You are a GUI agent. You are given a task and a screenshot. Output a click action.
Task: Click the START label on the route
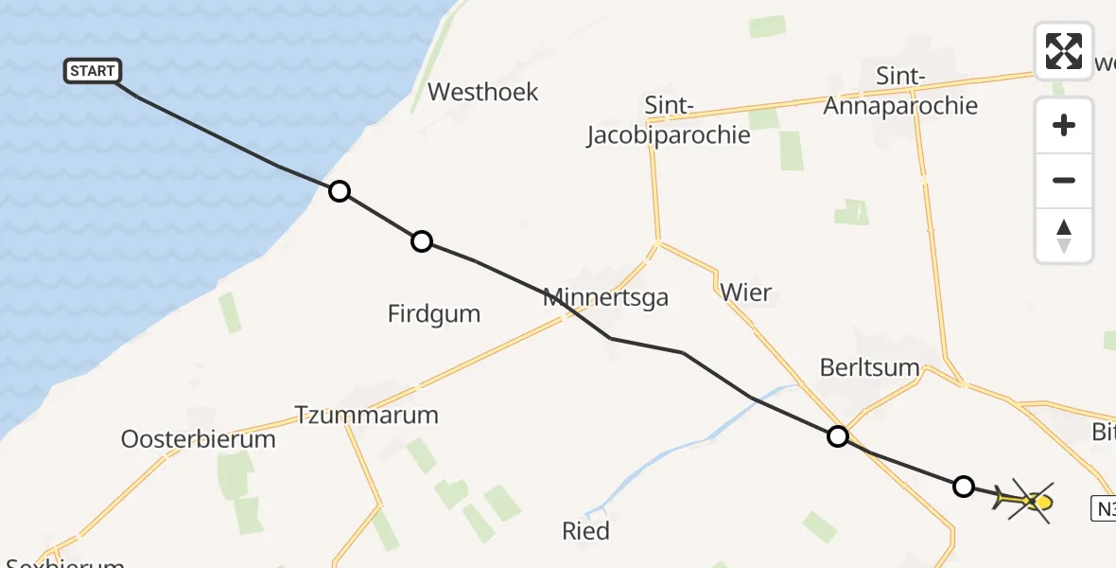pyautogui.click(x=93, y=71)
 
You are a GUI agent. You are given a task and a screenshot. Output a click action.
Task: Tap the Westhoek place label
pyautogui.click(x=482, y=92)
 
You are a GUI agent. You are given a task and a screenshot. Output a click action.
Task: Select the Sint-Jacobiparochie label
pyautogui.click(x=668, y=120)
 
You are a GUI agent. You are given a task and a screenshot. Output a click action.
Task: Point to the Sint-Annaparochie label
pyautogui.click(x=900, y=91)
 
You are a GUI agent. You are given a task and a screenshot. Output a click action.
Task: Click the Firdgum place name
pyautogui.click(x=434, y=313)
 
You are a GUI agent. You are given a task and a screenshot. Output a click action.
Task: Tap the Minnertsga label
pyautogui.click(x=605, y=297)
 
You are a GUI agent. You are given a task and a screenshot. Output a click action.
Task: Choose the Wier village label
pyautogui.click(x=745, y=293)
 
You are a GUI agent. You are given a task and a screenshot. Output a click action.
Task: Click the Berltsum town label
pyautogui.click(x=870, y=368)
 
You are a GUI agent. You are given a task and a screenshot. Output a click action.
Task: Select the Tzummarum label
pyautogui.click(x=367, y=415)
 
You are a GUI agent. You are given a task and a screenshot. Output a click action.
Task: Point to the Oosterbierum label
pyautogui.click(x=199, y=439)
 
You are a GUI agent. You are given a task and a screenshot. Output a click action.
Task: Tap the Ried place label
pyautogui.click(x=585, y=531)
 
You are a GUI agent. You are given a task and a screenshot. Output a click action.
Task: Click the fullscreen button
pyautogui.click(x=1064, y=51)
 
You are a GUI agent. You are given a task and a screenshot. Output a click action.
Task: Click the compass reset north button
pyautogui.click(x=1064, y=236)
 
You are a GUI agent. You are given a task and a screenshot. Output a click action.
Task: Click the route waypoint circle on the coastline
pyautogui.click(x=339, y=192)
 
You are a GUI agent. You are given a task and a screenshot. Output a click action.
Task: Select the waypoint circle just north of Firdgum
pyautogui.click(x=422, y=241)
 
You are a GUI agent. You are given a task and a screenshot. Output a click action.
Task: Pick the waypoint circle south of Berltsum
pyautogui.click(x=837, y=436)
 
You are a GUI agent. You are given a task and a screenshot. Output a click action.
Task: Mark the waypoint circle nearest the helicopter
pyautogui.click(x=963, y=487)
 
